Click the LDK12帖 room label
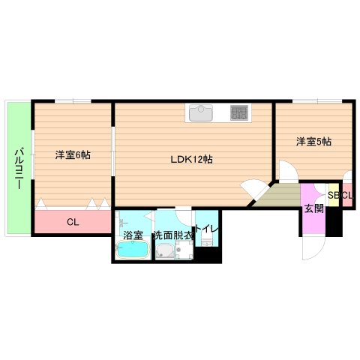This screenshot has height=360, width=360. [190, 159]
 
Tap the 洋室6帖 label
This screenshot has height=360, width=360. [72, 155]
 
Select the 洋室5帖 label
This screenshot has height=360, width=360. [313, 141]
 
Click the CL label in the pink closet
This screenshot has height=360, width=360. [72, 222]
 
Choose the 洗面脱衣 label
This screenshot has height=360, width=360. [173, 235]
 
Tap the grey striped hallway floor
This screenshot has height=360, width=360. [279, 196]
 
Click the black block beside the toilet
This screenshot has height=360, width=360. [211, 254]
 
